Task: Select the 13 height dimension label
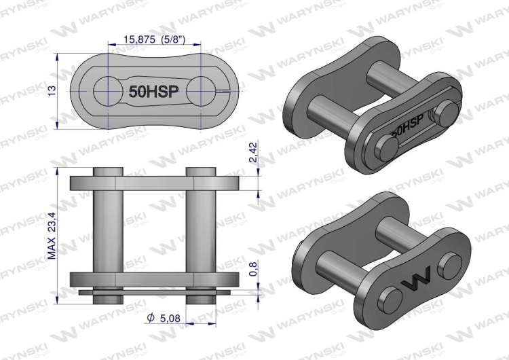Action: (x=52, y=90)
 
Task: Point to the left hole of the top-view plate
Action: (x=107, y=90)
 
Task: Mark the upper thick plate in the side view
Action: (x=154, y=183)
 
